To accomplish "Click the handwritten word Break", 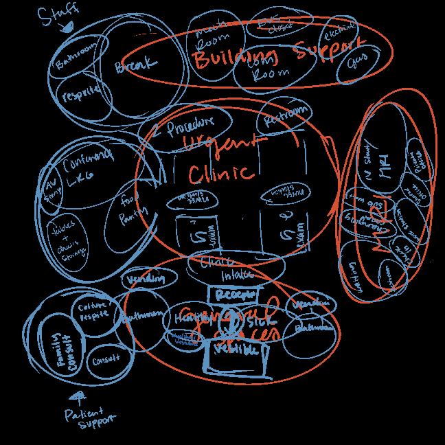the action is [x=135, y=67].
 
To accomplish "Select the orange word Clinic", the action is [x=220, y=172].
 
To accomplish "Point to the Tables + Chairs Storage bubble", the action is [x=67, y=241].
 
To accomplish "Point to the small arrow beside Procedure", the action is [x=157, y=133].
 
